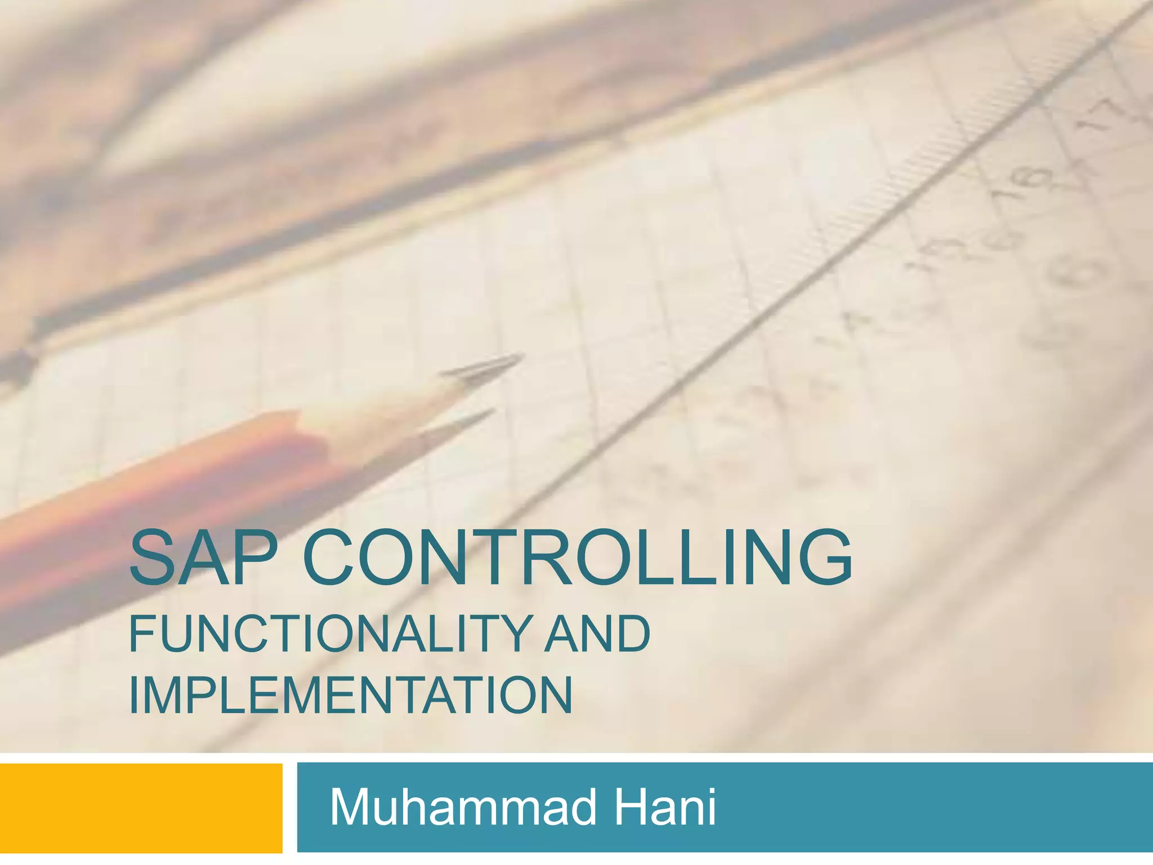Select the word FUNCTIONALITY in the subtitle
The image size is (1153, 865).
(330, 634)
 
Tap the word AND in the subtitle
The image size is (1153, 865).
(597, 634)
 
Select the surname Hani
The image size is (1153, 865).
(664, 807)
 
